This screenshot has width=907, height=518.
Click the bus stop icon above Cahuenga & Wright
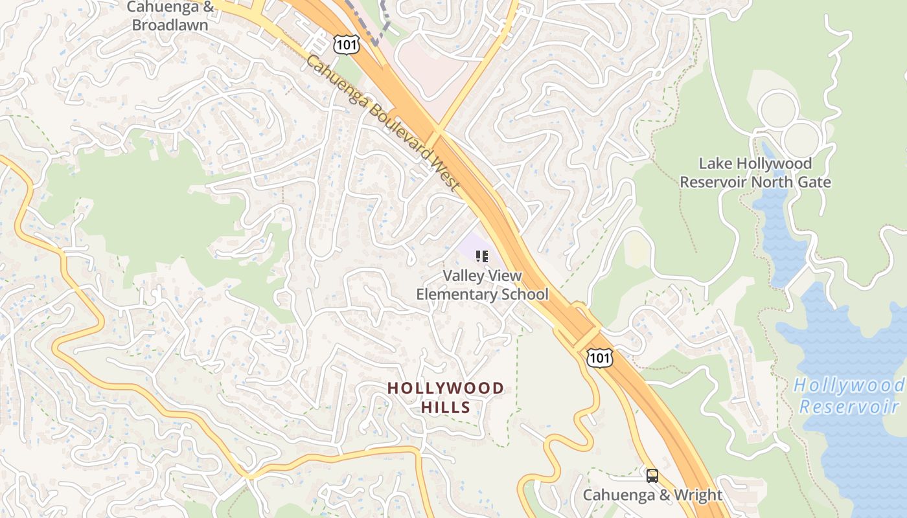point(652,476)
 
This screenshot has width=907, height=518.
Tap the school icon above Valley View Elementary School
point(481,256)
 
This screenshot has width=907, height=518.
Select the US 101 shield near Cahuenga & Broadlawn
point(346,44)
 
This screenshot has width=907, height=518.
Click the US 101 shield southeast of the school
point(599,357)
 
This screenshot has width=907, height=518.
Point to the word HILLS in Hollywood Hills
point(445,407)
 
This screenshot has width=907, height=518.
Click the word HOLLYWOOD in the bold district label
point(445,388)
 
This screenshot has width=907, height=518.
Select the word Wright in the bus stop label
point(698,495)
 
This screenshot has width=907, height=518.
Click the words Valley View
point(482,276)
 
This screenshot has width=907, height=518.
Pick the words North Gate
point(791,182)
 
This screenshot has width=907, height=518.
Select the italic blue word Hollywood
point(849,386)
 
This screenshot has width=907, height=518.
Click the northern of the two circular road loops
point(778,109)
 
